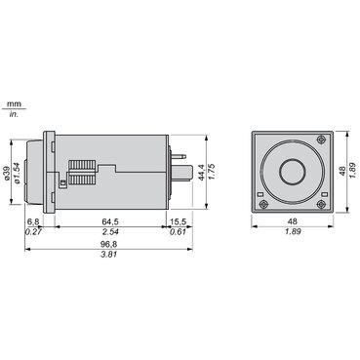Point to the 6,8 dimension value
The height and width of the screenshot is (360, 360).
tap(33, 222)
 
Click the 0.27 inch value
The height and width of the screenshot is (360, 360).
tap(33, 233)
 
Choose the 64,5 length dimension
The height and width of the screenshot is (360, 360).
tap(112, 222)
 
